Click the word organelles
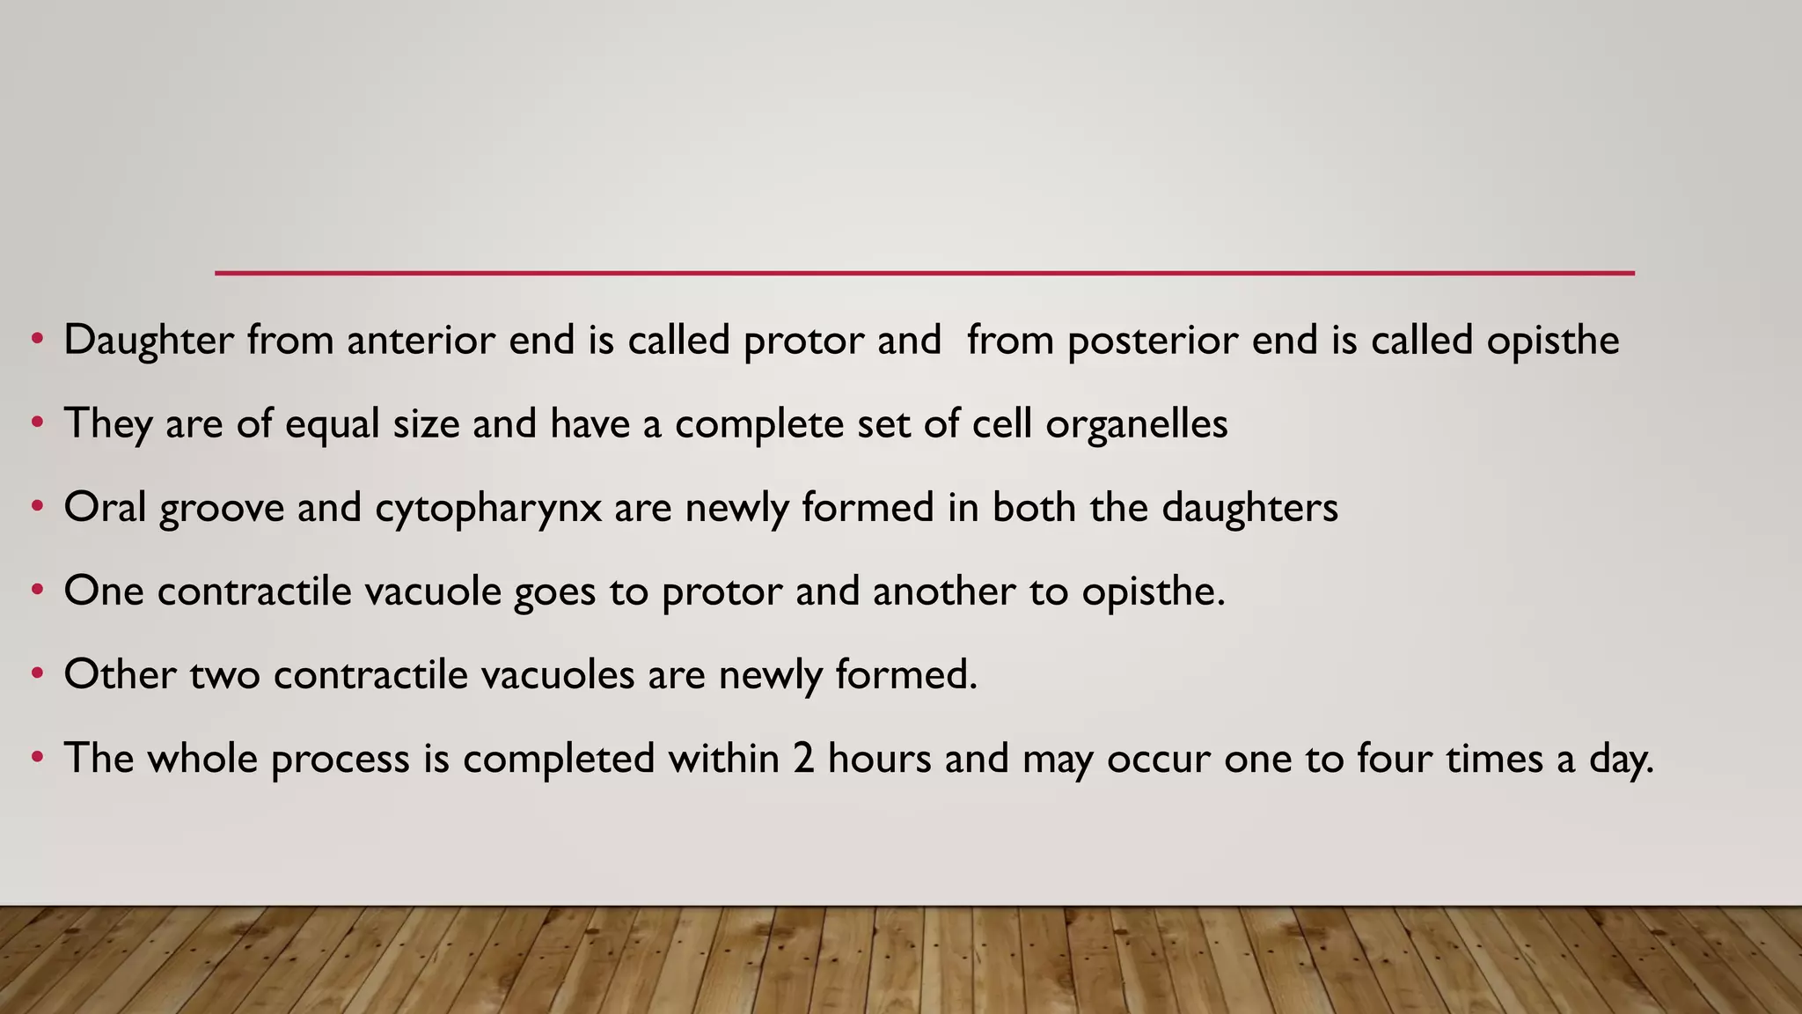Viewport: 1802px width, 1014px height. pos(1136,425)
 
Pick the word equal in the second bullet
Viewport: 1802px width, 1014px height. pos(332,425)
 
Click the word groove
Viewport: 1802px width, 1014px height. pos(222,509)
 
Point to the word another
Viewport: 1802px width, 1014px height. pos(944,591)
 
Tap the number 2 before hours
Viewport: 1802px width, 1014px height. pos(802,759)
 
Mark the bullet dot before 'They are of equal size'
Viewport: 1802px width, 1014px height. pos(36,423)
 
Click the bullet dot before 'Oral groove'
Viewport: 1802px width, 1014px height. pos(36,507)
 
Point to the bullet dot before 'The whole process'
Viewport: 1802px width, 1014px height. pos(36,757)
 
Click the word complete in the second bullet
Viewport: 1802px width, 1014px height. pos(759,425)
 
